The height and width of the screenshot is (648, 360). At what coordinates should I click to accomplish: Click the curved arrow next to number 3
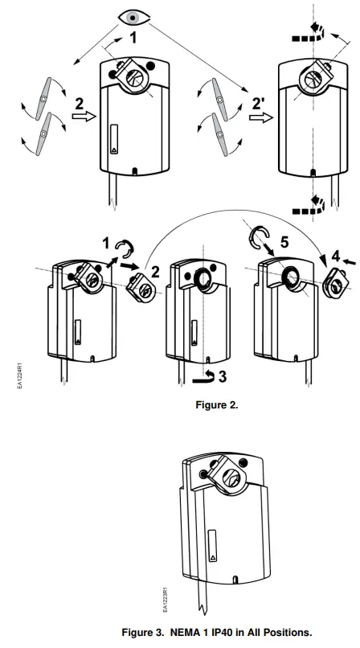(207, 375)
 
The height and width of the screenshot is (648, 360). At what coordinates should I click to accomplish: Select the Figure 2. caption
(217, 405)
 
